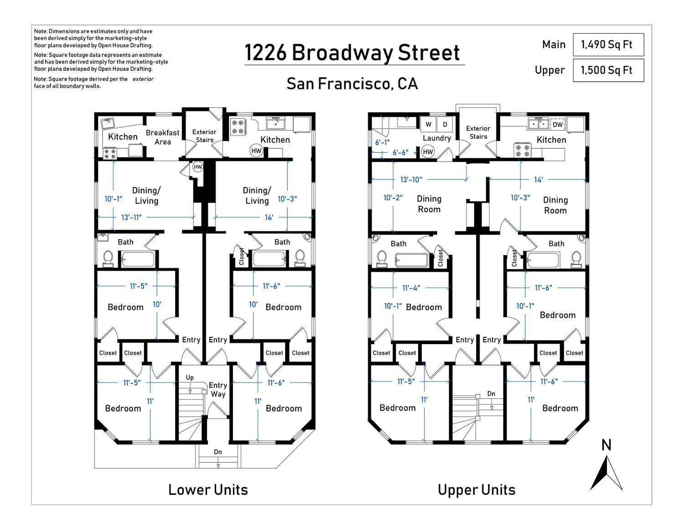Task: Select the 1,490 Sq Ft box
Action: [x=608, y=44]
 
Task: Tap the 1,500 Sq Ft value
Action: [x=606, y=70]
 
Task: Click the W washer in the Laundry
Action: [x=428, y=125]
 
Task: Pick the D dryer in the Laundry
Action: [x=445, y=125]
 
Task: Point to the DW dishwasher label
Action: [x=558, y=125]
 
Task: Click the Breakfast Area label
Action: [x=162, y=137]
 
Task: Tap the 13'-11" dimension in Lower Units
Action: [x=131, y=217]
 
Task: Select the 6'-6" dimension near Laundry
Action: [x=400, y=152]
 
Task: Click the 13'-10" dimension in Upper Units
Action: [x=411, y=179]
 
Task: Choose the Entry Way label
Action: [x=218, y=389]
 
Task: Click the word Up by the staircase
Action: [x=190, y=377]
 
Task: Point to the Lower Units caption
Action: [x=208, y=490]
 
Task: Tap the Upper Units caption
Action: [x=477, y=490]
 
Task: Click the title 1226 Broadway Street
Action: [x=352, y=52]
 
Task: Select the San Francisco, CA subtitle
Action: [x=352, y=84]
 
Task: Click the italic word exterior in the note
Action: [x=143, y=79]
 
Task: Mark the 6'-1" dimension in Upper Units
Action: [x=383, y=142]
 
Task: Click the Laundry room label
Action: [x=436, y=138]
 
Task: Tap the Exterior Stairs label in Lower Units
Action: [x=204, y=136]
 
